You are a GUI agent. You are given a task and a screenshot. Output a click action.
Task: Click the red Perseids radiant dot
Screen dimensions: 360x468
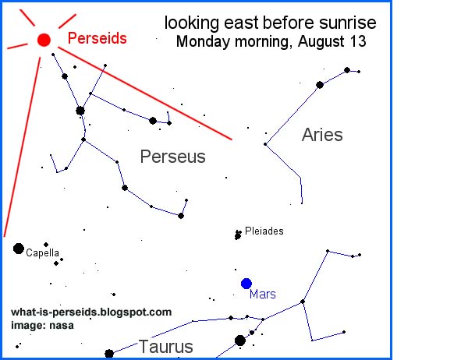pos(44,39)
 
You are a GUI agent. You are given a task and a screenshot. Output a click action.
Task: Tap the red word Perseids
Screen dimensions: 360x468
pos(97,37)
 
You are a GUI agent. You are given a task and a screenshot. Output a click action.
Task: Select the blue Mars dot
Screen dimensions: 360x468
pos(246,283)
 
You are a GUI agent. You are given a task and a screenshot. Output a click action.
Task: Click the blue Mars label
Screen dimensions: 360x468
pos(263,295)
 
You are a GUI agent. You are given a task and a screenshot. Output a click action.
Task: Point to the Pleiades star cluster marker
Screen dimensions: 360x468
pos(238,234)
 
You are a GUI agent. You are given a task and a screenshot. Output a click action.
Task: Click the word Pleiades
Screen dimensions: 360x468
pos(264,231)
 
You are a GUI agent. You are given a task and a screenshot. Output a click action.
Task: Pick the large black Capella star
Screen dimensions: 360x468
pos(19,249)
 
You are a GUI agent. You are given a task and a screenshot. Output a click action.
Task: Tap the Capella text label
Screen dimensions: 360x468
pos(42,253)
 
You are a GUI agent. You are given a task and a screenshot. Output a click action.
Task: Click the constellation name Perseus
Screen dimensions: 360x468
pos(172,157)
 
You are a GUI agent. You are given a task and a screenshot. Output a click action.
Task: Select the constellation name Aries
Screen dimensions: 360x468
pos(322,135)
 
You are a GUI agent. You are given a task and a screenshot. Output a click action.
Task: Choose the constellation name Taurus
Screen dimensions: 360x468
pos(165,346)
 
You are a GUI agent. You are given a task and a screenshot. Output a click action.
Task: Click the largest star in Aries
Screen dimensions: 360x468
pos(320,84)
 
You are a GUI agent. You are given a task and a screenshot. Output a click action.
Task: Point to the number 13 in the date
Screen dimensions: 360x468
pos(359,41)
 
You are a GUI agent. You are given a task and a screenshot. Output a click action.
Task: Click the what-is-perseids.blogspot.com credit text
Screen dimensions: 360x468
pos(91,312)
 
